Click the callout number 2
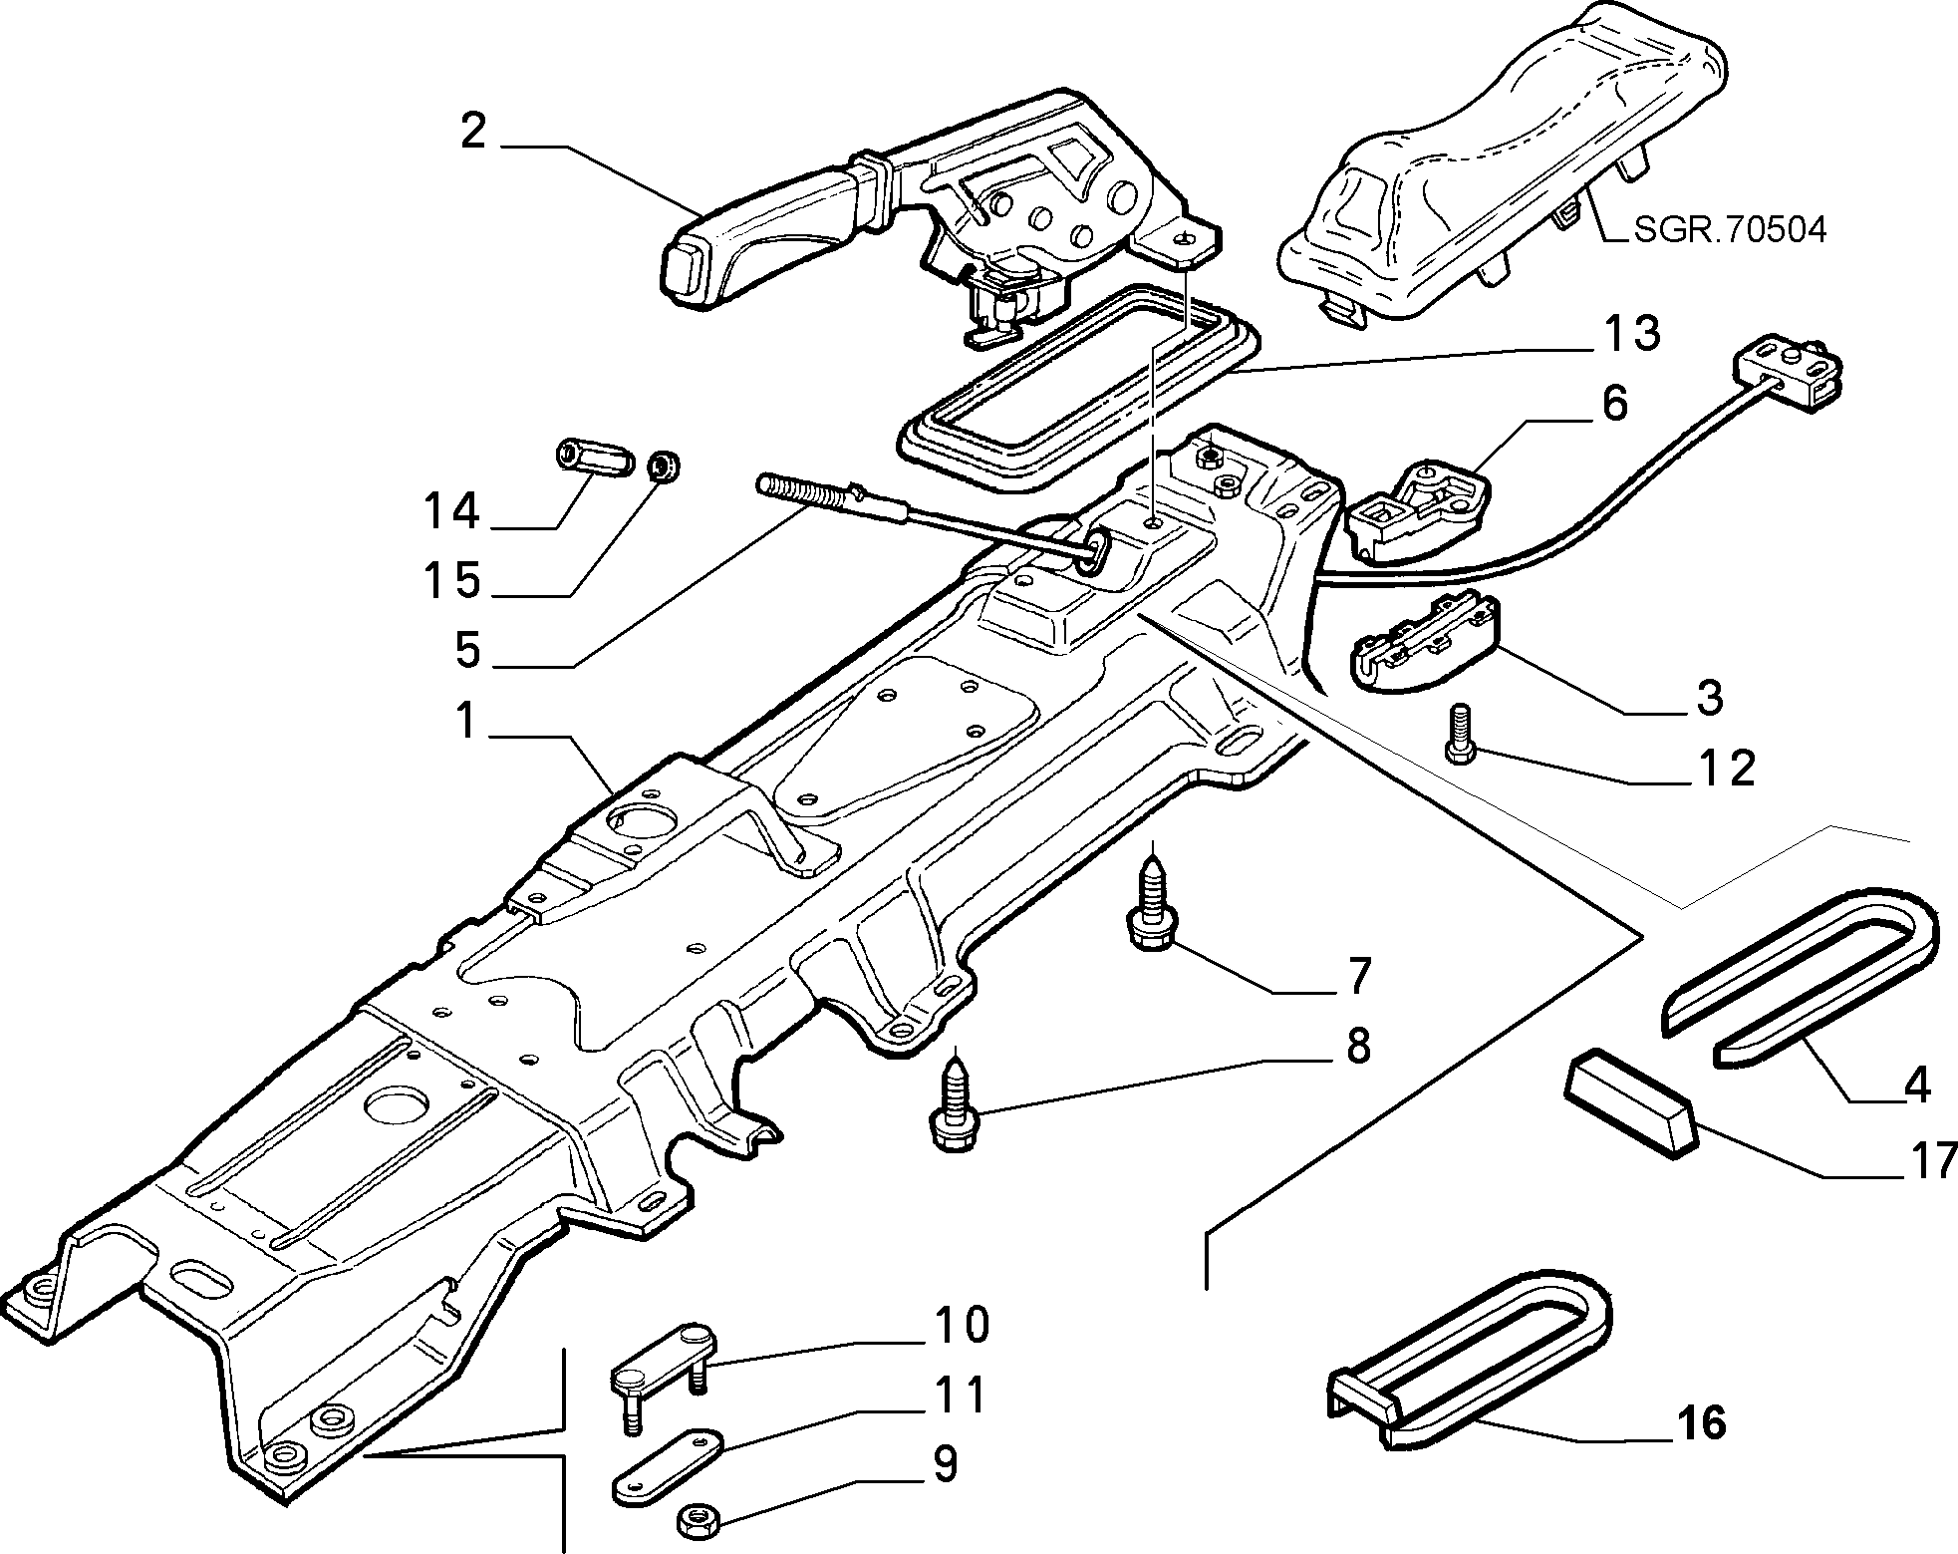(473, 131)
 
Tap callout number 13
(1630, 334)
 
